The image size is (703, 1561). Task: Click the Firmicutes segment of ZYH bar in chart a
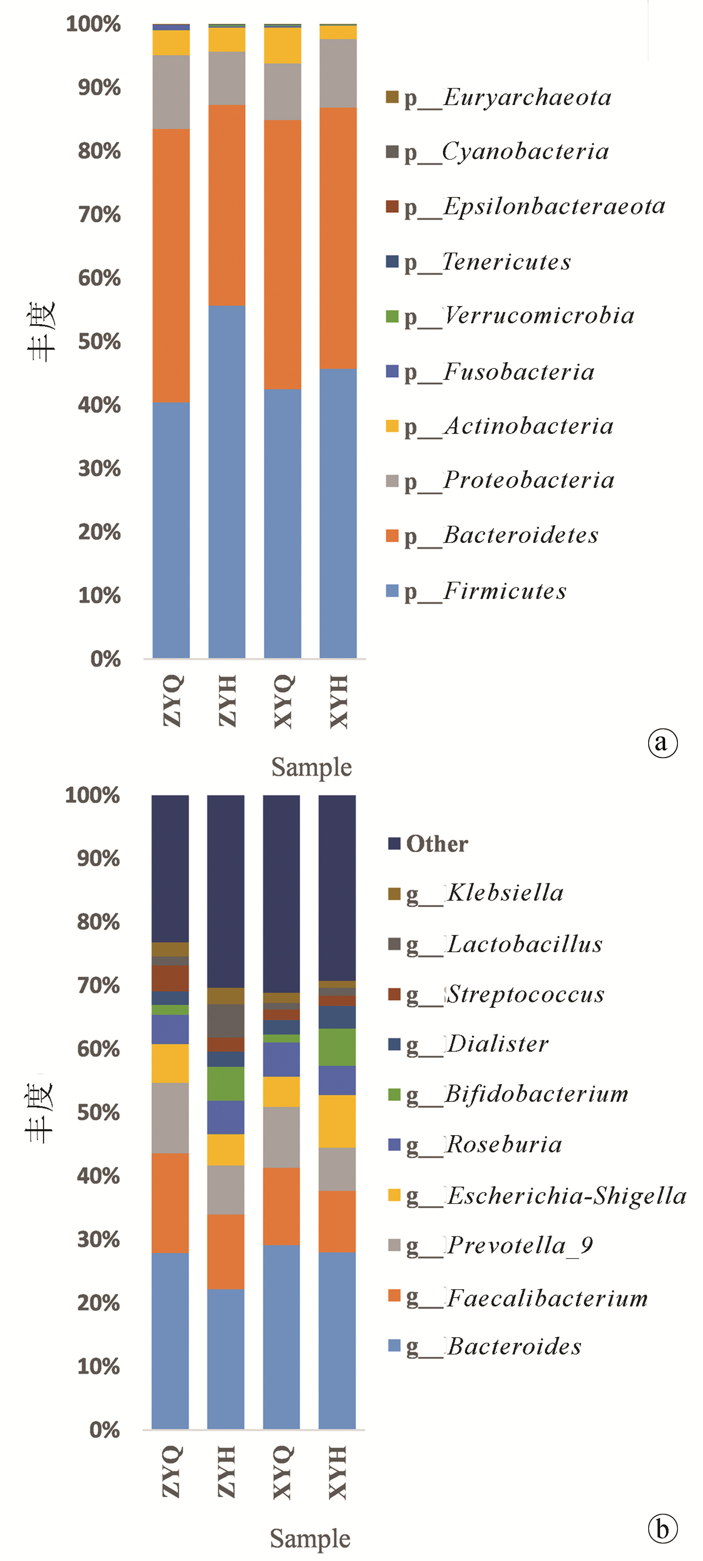(227, 482)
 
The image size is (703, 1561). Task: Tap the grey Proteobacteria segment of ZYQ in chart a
(171, 92)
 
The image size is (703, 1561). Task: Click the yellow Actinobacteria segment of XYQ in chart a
(282, 46)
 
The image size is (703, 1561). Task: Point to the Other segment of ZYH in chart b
(226, 891)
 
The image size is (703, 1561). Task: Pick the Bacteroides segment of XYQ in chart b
(281, 1337)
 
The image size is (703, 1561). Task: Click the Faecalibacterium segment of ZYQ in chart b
(170, 1202)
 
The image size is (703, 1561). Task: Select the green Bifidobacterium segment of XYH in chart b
(337, 1047)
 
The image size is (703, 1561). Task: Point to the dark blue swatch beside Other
(394, 844)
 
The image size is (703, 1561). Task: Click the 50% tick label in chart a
(99, 342)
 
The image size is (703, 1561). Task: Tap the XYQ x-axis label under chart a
(283, 701)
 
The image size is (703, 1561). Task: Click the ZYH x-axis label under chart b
(226, 1472)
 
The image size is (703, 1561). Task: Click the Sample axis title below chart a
(311, 767)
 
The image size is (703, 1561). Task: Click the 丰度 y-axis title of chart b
(40, 1113)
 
